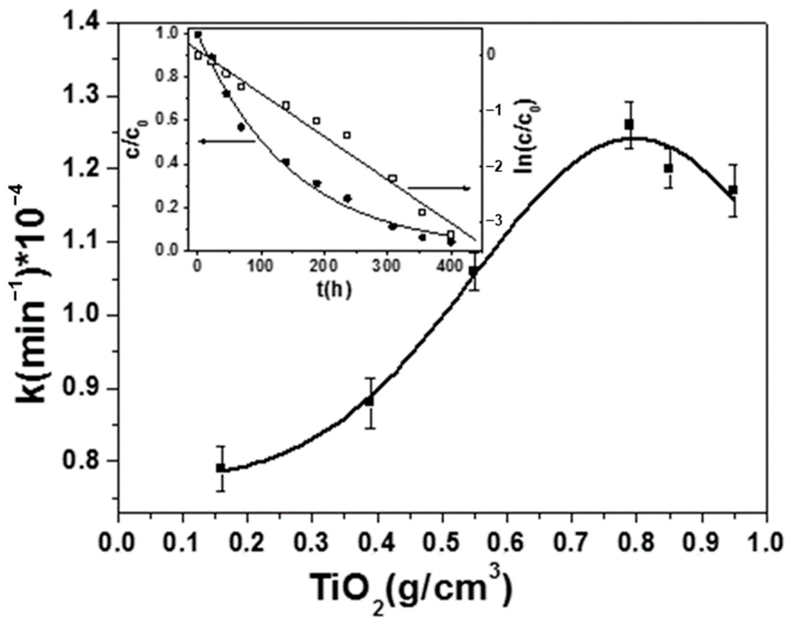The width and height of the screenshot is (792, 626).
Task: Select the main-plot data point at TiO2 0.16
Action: pyautogui.click(x=221, y=468)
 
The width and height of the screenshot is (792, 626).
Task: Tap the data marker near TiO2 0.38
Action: pyautogui.click(x=369, y=401)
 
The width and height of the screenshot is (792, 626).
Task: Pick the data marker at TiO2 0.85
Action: pyautogui.click(x=669, y=169)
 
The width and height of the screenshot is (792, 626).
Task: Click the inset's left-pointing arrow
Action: pyautogui.click(x=227, y=141)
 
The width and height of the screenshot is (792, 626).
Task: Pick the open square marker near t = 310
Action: pyautogui.click(x=393, y=178)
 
